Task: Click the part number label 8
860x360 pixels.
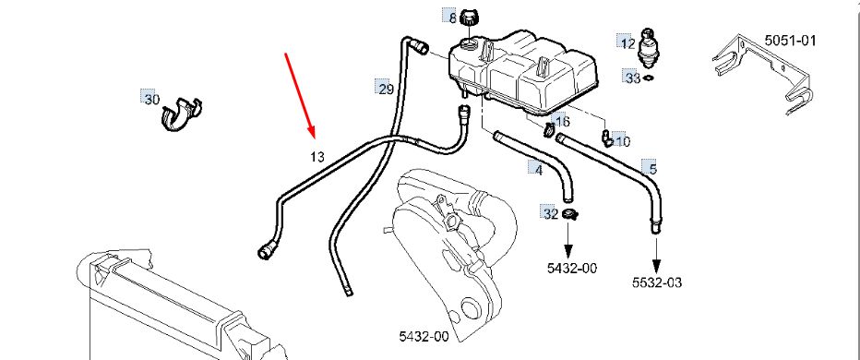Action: (452, 18)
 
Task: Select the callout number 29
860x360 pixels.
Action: (386, 89)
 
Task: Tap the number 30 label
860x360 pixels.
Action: (152, 100)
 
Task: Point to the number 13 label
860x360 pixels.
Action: (317, 157)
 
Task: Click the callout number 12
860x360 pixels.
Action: (628, 43)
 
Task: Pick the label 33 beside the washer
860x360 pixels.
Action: (633, 78)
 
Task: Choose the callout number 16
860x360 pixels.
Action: (562, 122)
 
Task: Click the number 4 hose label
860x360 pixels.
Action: (539, 170)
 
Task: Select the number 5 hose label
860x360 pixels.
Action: (652, 169)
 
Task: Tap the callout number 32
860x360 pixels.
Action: (551, 213)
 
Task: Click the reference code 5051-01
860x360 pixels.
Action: (791, 40)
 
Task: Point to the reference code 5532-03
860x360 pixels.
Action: (657, 282)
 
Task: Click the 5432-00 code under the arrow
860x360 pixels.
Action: (572, 268)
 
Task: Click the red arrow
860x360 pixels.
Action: (301, 95)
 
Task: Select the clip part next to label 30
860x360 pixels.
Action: (182, 114)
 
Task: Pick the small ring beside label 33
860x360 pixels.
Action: (649, 78)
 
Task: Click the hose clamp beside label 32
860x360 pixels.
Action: (570, 214)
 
